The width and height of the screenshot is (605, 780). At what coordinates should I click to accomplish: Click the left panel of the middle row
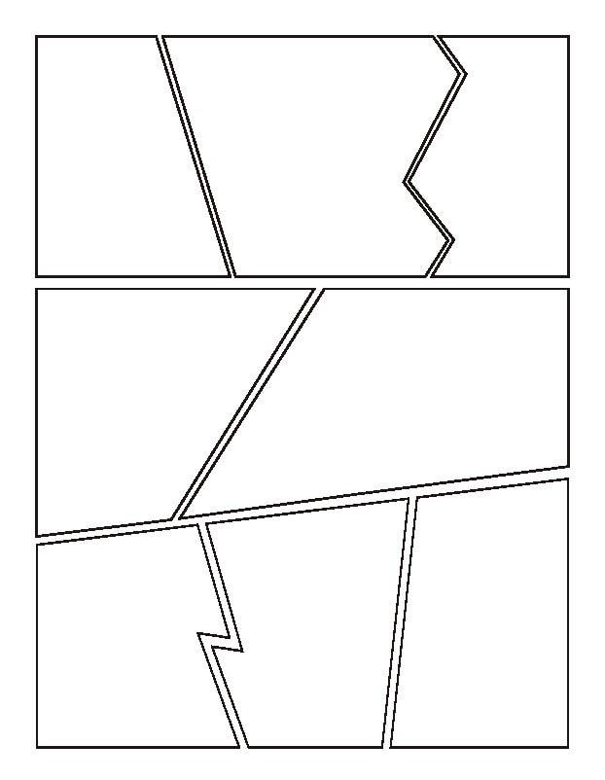click(x=146, y=408)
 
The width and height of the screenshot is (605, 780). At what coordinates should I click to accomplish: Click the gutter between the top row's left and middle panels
click(x=196, y=156)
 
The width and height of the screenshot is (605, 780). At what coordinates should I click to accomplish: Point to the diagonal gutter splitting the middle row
click(x=247, y=403)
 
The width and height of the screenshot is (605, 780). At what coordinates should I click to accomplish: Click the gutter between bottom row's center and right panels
click(x=400, y=622)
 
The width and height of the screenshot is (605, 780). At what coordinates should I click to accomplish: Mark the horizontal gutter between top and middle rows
click(x=302, y=282)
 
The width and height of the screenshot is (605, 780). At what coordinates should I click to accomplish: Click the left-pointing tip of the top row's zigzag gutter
click(x=406, y=181)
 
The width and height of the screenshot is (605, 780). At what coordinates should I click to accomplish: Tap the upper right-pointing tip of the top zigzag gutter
click(x=464, y=73)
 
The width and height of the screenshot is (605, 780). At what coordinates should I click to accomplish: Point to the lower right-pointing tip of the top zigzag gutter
click(x=452, y=239)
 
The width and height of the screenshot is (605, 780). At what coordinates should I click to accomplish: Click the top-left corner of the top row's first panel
click(x=37, y=37)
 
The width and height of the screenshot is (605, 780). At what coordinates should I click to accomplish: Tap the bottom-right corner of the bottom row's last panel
click(x=566, y=746)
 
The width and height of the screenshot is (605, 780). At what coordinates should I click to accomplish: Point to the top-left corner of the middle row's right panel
click(x=324, y=290)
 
